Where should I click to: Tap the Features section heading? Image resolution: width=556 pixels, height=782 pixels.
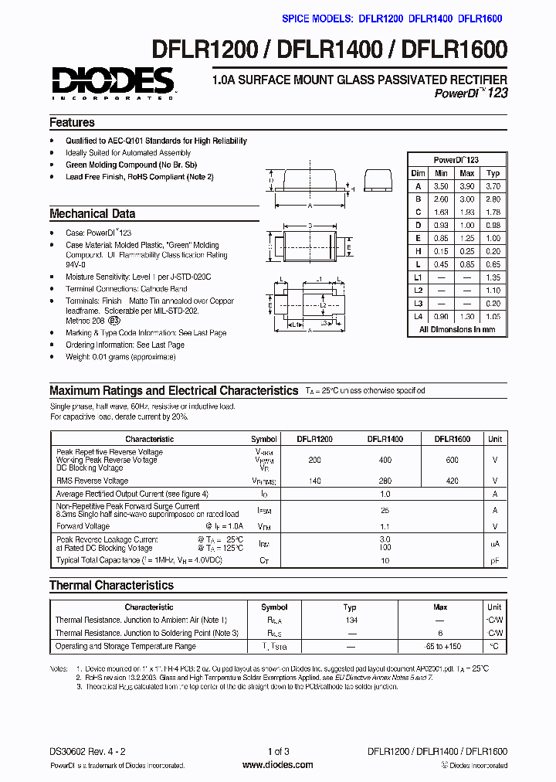[x=72, y=123]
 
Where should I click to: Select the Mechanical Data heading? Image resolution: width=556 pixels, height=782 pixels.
[x=92, y=214]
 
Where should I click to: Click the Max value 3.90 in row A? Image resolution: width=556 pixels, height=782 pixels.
[x=466, y=186]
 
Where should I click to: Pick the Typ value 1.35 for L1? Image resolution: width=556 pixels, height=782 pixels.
[x=493, y=277]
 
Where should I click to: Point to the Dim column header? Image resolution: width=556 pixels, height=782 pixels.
[x=418, y=173]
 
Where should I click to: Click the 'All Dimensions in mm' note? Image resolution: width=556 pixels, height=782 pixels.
[x=456, y=330]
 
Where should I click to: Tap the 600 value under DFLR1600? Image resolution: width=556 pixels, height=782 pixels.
[x=452, y=460]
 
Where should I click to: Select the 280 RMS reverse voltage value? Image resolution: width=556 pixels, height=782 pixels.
[x=385, y=481]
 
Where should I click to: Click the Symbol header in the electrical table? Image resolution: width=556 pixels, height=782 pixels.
[x=264, y=439]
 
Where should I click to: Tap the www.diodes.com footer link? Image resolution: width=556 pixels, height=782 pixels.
[x=277, y=765]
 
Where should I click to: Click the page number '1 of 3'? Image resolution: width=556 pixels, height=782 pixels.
[x=278, y=752]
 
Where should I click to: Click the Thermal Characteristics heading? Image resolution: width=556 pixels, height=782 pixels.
[x=111, y=586]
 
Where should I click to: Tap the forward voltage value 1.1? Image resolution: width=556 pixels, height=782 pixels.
[x=385, y=526]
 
